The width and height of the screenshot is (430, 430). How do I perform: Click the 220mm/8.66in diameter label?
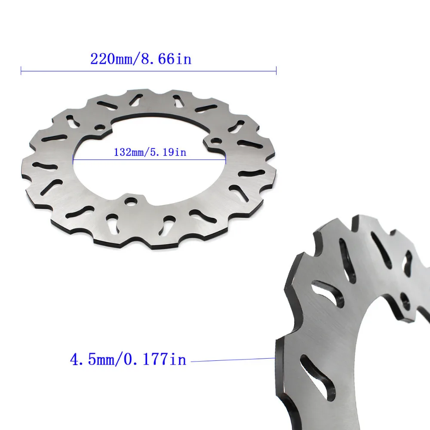coord(141,58)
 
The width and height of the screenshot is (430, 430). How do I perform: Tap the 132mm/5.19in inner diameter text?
coord(150,152)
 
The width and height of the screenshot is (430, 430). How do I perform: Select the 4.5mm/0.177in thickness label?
coord(128,359)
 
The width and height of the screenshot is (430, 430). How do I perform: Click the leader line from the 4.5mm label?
coord(232,359)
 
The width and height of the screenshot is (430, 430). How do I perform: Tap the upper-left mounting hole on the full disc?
coord(101,128)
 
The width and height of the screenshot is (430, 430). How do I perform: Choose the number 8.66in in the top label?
coord(166,58)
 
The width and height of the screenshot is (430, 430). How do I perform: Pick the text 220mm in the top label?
coord(114,58)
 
